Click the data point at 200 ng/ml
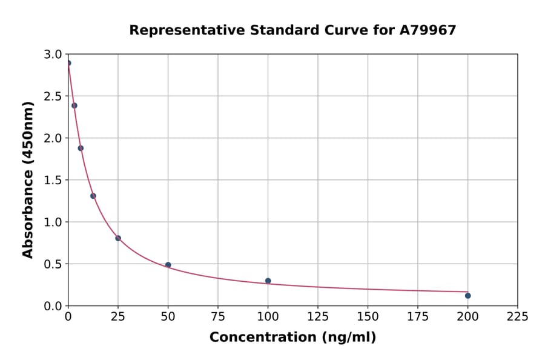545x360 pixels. [467, 296]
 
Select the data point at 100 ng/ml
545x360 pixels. [268, 281]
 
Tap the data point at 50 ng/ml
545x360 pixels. [168, 265]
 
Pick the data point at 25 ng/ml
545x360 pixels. [118, 238]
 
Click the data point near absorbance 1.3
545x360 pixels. [93, 196]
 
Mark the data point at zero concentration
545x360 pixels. [68, 63]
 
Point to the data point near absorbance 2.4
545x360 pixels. [74, 105]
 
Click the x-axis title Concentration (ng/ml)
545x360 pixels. [292, 338]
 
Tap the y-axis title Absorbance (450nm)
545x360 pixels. [28, 179]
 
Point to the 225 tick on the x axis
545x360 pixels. [517, 316]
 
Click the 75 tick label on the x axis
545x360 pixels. [218, 316]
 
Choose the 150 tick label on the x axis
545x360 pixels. [368, 316]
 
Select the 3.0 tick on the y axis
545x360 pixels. [53, 55]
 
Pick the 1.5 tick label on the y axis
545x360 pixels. [53, 180]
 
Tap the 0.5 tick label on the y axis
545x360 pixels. [53, 264]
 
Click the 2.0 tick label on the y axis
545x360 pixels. [53, 138]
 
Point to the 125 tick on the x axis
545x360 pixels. [318, 316]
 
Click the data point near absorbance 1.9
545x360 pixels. [81, 148]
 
